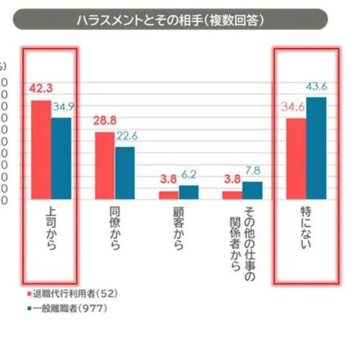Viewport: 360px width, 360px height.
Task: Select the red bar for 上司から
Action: tap(41, 150)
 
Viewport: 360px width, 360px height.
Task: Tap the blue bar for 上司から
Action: tap(61, 158)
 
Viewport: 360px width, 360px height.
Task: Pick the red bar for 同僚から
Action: tap(105, 165)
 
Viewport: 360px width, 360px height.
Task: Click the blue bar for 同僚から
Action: tap(125, 173)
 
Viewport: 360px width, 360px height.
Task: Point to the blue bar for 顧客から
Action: tap(188, 192)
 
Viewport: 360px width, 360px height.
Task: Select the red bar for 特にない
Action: tap(296, 159)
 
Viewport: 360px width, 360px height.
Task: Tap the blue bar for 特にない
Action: tap(316, 148)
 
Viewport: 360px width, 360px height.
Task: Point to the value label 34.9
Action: tap(62, 106)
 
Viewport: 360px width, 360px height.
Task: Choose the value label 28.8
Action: tap(105, 120)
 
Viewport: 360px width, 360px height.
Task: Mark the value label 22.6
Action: tap(127, 136)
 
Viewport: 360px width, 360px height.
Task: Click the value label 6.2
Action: tap(190, 175)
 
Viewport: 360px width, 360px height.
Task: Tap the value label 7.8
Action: tap(253, 170)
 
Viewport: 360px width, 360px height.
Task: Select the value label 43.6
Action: tap(317, 86)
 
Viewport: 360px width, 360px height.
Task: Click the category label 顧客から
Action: tap(178, 230)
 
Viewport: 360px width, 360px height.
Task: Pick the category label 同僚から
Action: tap(114, 230)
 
